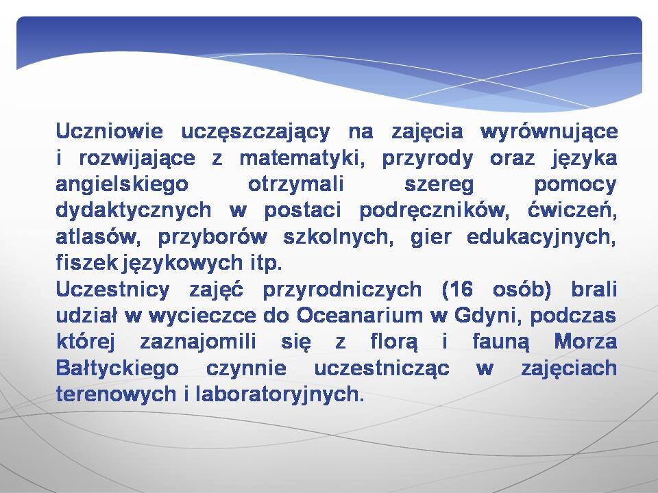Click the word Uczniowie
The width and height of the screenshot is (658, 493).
click(x=109, y=131)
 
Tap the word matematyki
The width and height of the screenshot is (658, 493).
click(x=302, y=158)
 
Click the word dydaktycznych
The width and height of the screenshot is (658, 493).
click(x=134, y=211)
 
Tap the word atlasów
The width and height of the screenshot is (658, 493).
click(x=97, y=238)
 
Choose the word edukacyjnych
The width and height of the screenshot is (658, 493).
click(x=541, y=238)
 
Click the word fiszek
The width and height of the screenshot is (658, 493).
click(x=87, y=263)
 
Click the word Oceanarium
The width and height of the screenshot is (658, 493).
click(x=360, y=316)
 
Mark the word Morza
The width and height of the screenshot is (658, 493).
click(x=585, y=342)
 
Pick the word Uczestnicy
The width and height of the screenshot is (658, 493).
click(x=113, y=290)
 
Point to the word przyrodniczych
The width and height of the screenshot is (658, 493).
click(x=342, y=290)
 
